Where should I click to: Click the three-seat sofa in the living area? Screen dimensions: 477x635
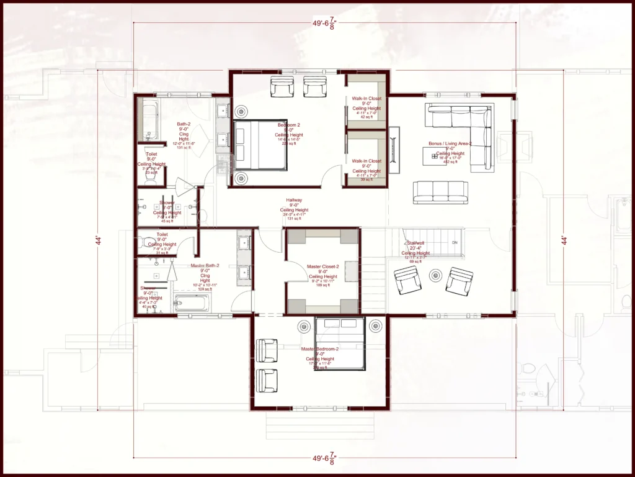440,192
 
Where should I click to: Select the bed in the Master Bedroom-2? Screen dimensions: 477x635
339,344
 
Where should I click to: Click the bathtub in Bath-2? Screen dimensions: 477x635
149,120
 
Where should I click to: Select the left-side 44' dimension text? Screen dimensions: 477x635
99,240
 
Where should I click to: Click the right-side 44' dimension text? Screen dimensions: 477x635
564,240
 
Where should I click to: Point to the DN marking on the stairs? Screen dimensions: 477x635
455,242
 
